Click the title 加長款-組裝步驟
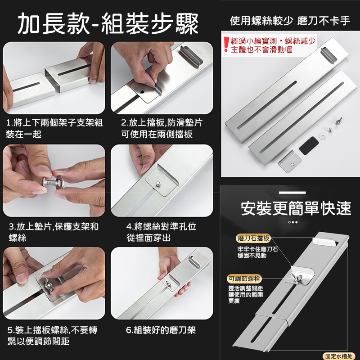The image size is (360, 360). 108,24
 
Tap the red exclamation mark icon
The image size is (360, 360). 226,44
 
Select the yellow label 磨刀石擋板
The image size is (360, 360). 253,238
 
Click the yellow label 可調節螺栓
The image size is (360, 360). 244,279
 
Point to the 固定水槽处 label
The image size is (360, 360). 339,356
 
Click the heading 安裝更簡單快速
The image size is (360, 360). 296,208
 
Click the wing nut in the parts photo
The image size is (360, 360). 338,121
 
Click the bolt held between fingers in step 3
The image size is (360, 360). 53,182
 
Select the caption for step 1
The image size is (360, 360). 54,129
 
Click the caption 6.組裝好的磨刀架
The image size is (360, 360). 161,330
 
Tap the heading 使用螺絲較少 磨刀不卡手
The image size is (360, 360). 290,21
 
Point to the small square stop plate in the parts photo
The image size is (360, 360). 290,162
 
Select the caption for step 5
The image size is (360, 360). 53,336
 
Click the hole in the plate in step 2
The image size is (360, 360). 142,92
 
